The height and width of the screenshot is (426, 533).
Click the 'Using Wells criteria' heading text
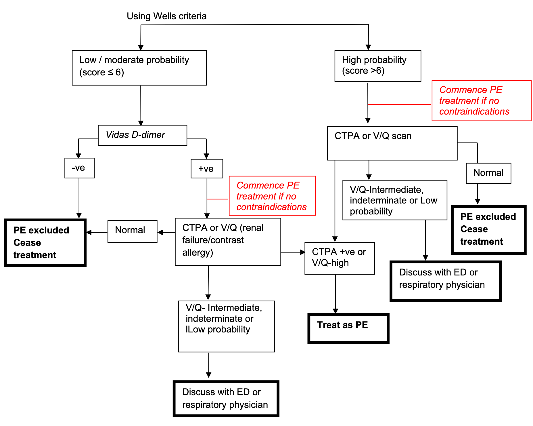166,16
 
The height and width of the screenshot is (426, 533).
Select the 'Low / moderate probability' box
139,68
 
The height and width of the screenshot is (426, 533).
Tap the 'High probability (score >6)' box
377,66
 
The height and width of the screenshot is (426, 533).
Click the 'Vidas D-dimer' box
142,135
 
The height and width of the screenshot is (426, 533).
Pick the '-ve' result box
79,168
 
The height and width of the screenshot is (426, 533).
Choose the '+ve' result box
207,169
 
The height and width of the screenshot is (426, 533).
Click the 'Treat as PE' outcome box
348,328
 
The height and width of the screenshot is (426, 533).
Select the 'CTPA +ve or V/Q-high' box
340,258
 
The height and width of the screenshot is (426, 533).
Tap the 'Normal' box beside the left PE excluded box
132,231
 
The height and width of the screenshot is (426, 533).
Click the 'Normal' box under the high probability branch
488,173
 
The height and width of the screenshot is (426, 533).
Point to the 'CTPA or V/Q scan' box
392,143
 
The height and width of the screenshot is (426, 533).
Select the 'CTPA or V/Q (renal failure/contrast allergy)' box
228,241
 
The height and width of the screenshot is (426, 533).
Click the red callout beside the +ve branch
272,196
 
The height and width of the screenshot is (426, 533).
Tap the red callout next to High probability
481,101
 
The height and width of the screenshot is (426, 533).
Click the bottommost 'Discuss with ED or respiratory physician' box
226,399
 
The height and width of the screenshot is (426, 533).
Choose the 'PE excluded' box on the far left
45,243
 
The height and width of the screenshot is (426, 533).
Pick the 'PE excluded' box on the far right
488,229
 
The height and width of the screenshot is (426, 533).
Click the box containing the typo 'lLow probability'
226,326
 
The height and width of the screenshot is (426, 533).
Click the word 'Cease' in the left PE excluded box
27,243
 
